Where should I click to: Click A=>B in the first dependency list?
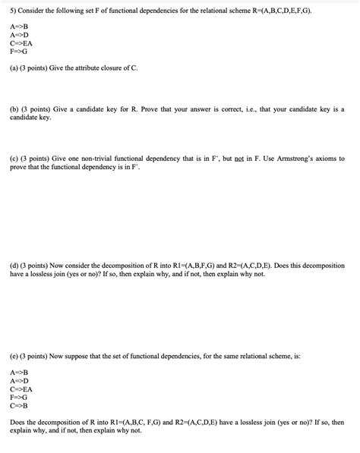pos(19,26)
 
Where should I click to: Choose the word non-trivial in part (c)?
pos(92,159)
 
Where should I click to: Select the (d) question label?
pos(14,266)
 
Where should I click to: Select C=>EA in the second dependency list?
pos(21,389)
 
